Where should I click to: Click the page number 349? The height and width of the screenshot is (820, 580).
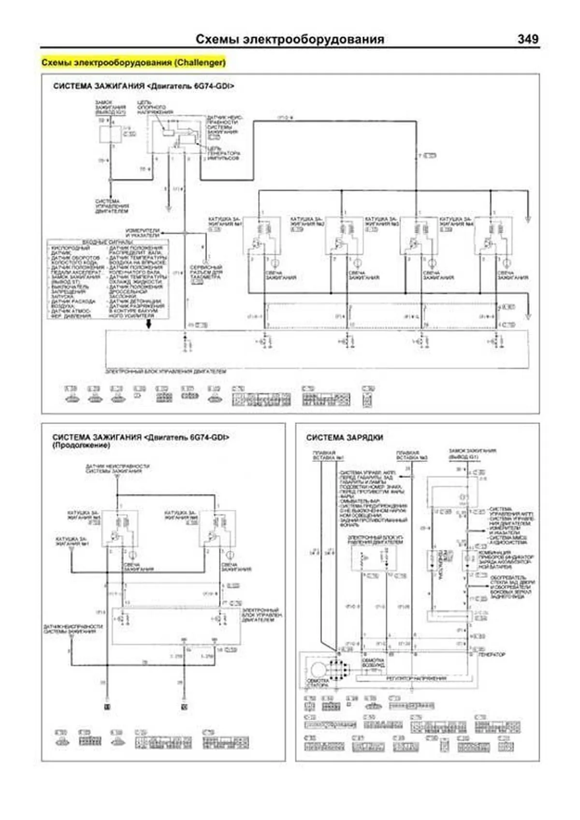527,39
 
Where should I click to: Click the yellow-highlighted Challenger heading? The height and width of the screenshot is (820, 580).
133,63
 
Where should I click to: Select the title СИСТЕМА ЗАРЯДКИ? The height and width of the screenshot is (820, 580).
344,437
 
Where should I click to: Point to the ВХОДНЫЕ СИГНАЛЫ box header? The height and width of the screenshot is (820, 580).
107,242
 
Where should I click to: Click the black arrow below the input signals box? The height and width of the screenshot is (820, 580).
149,324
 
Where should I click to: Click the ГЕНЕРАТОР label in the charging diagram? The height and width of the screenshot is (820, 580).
492,654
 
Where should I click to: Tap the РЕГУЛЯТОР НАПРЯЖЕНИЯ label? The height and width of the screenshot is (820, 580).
415,678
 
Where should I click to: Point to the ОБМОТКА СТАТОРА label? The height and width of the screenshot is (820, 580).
318,683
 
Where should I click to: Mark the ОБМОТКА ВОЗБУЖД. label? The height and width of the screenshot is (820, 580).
373,662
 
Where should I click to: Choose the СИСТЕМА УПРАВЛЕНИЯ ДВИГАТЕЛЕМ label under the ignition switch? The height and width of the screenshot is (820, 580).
112,206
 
